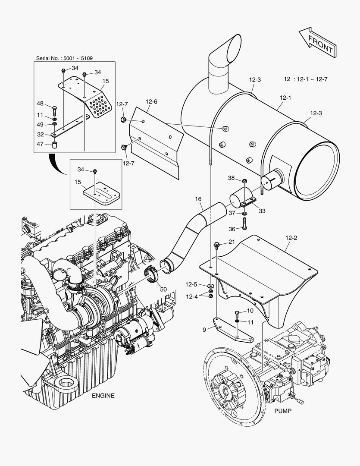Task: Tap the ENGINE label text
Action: [103, 396]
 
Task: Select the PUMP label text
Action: [282, 411]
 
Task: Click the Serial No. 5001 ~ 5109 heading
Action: [64, 58]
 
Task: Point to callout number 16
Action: [198, 199]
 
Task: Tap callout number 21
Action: [232, 242]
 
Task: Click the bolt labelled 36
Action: [244, 224]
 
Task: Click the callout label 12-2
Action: [291, 237]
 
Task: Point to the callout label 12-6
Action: [151, 102]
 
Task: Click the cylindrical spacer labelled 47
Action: [55, 145]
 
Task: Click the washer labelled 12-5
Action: [210, 286]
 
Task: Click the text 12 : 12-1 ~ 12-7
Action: [306, 79]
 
